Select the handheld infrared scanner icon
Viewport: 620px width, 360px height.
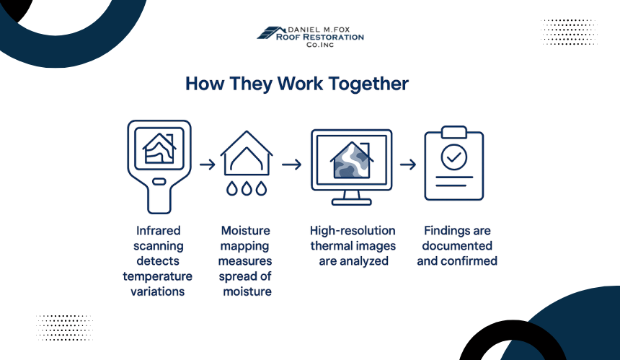(159, 167)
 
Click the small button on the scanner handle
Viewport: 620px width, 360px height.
(159, 182)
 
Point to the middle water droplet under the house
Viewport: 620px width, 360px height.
(247, 189)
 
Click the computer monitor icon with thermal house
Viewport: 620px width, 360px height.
(352, 167)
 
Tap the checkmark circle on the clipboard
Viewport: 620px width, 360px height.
(454, 157)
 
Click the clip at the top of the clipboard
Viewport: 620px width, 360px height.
(454, 132)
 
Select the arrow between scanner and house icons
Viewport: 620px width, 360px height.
(207, 164)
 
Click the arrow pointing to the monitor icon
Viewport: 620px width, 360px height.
(292, 164)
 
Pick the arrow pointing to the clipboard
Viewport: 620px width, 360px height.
(408, 164)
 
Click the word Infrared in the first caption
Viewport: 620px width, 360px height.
(158, 231)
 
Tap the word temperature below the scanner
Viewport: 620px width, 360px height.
(157, 276)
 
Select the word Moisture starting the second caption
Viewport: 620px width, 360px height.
(246, 231)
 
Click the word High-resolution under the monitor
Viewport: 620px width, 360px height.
(353, 231)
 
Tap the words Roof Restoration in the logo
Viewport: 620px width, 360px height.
(320, 38)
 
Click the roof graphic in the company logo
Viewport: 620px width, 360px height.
(271, 33)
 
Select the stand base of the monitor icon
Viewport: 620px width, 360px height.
(352, 202)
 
